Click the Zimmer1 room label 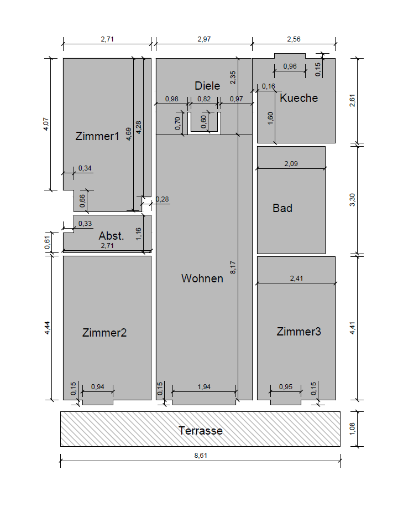click(x=97, y=136)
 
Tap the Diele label click(x=207, y=85)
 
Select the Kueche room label click(x=298, y=98)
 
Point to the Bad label click(x=282, y=208)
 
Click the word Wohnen click(x=202, y=278)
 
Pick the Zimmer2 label click(x=104, y=332)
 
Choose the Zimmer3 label click(x=298, y=332)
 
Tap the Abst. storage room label click(x=111, y=236)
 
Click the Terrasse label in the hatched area click(x=201, y=431)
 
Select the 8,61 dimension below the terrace click(x=201, y=455)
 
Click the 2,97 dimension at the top click(x=204, y=39)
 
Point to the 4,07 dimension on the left click(x=46, y=124)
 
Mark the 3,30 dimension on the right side click(x=352, y=200)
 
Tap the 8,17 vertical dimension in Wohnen click(x=233, y=267)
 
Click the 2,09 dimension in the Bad click(x=291, y=164)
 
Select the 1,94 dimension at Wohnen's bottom click(x=204, y=386)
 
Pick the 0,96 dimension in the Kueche click(x=290, y=66)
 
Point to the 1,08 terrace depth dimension click(x=352, y=429)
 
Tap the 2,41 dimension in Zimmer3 click(x=296, y=278)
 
